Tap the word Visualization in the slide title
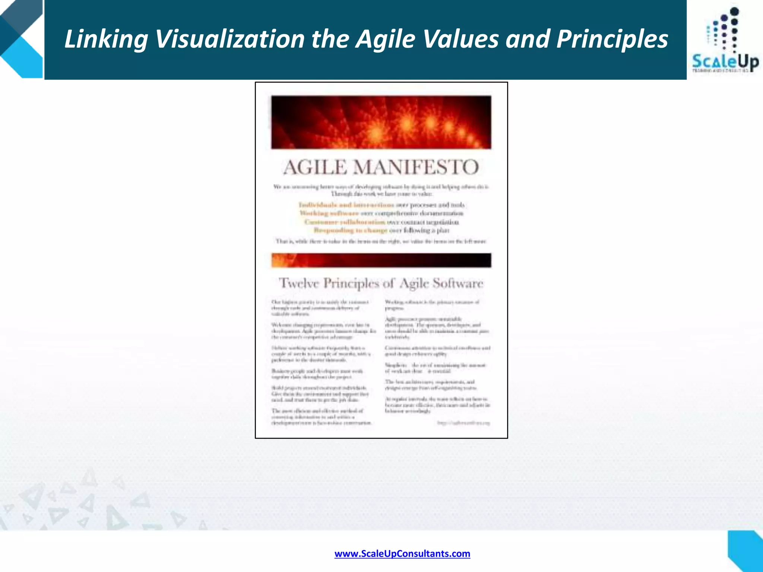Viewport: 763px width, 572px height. tap(230, 39)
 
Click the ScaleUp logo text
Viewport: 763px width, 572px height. tap(725, 62)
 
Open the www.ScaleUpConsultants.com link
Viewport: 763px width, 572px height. tap(402, 553)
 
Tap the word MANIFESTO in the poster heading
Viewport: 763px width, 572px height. tap(416, 167)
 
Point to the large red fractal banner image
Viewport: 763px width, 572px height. tap(381, 122)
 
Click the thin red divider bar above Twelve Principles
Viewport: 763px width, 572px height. tap(381, 260)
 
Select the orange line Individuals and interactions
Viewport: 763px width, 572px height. tap(346, 205)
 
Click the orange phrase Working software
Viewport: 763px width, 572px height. tap(329, 213)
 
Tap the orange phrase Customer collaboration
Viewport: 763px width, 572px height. tap(345, 222)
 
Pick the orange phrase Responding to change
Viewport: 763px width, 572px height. tap(350, 231)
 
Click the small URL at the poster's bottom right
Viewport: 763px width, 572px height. tap(463, 423)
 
